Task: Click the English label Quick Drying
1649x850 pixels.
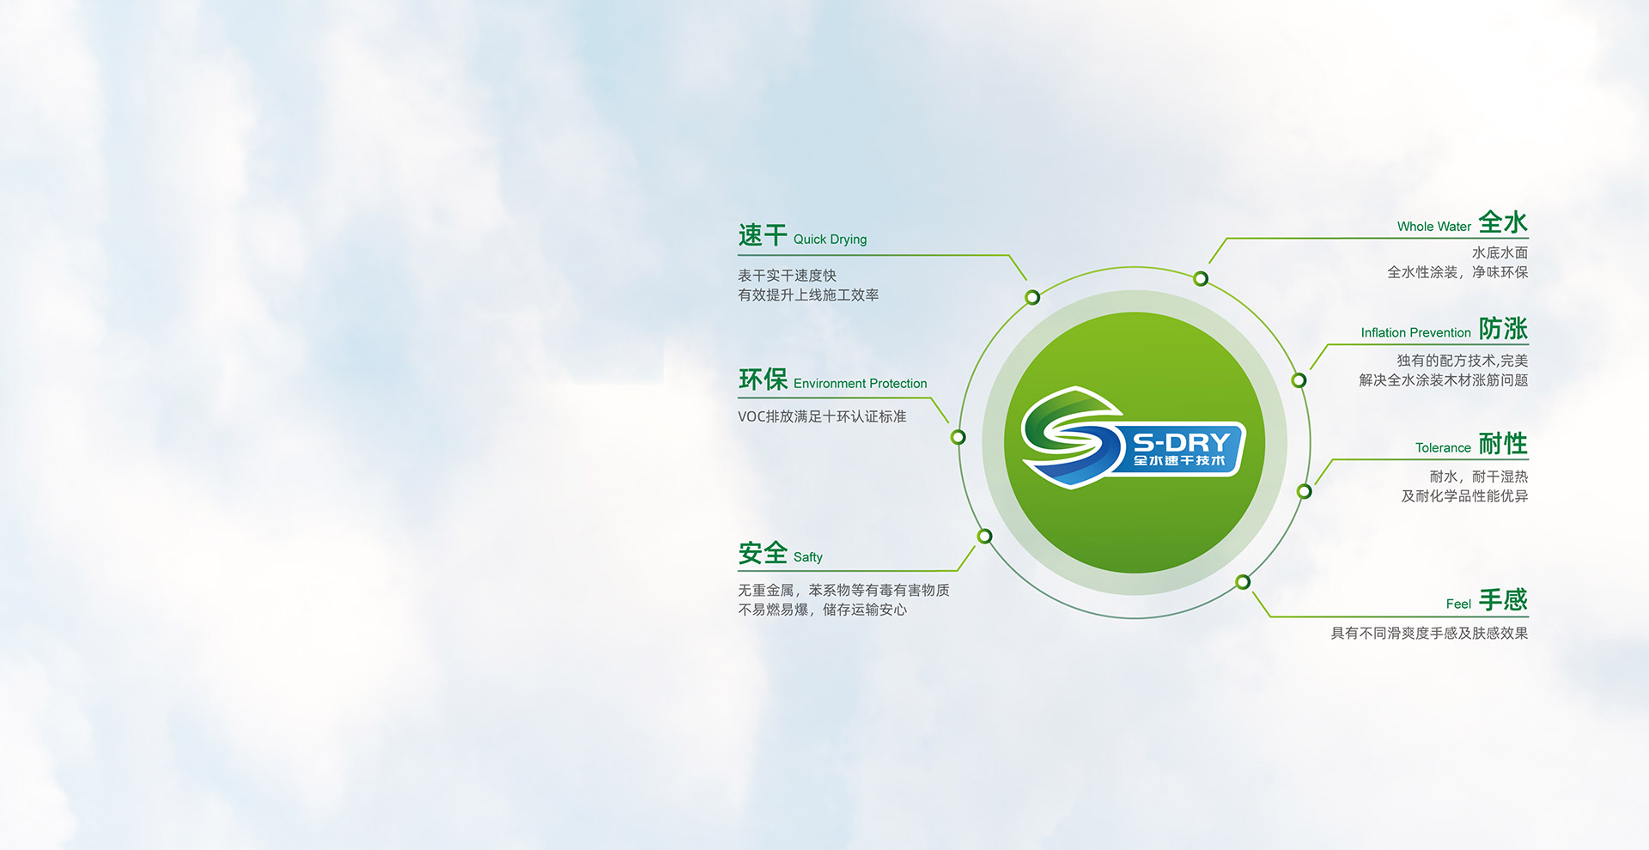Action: click(830, 240)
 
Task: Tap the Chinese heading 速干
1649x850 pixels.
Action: click(763, 235)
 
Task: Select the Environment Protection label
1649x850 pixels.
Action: click(860, 384)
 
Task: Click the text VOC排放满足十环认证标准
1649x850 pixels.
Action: click(822, 416)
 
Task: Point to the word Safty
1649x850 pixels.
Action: click(807, 557)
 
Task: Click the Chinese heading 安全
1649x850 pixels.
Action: click(763, 553)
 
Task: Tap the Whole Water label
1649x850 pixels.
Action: click(1433, 227)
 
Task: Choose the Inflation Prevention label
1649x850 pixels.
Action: click(1415, 332)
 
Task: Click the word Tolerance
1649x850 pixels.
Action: click(1443, 447)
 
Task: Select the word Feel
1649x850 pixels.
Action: click(1458, 604)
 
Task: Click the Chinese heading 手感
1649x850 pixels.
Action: click(1503, 599)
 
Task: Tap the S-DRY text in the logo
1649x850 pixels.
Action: click(1182, 443)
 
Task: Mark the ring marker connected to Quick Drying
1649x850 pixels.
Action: click(1032, 297)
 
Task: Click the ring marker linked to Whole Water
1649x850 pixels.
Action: click(1201, 278)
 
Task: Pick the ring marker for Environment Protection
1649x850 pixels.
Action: click(958, 437)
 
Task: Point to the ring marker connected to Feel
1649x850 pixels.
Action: click(1243, 582)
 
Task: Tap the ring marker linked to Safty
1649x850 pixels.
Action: click(985, 536)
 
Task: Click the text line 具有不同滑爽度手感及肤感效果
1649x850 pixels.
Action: click(1429, 634)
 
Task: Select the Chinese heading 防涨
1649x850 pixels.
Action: click(1503, 328)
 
